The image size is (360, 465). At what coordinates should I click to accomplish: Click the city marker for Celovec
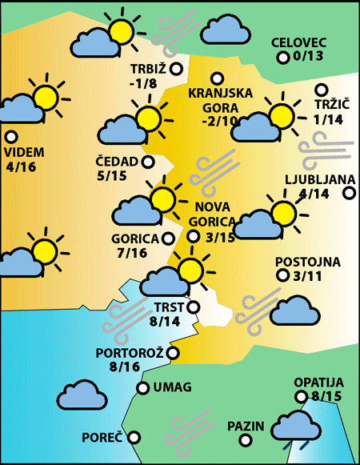pyautogui.click(x=282, y=58)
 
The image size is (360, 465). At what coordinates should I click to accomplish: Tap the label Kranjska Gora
pyautogui.click(x=221, y=100)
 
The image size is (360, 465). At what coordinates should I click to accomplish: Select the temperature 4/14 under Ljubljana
pyautogui.click(x=312, y=193)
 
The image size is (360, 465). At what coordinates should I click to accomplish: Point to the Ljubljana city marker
pyautogui.click(x=349, y=192)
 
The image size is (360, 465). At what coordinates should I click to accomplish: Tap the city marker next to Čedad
pyautogui.click(x=148, y=162)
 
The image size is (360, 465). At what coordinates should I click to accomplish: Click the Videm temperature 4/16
pyautogui.click(x=20, y=166)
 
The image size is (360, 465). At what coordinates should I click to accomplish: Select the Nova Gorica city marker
pyautogui.click(x=194, y=236)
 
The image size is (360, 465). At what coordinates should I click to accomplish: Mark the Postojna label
pyautogui.click(x=308, y=262)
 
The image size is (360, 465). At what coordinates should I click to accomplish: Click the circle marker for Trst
pyautogui.click(x=193, y=306)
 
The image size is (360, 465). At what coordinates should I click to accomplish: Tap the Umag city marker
pyautogui.click(x=143, y=388)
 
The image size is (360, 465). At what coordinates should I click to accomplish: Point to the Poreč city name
pyautogui.click(x=102, y=438)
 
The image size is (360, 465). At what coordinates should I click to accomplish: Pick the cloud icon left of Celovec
pyautogui.click(x=225, y=31)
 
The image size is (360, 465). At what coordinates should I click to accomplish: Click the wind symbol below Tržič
pyautogui.click(x=326, y=149)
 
